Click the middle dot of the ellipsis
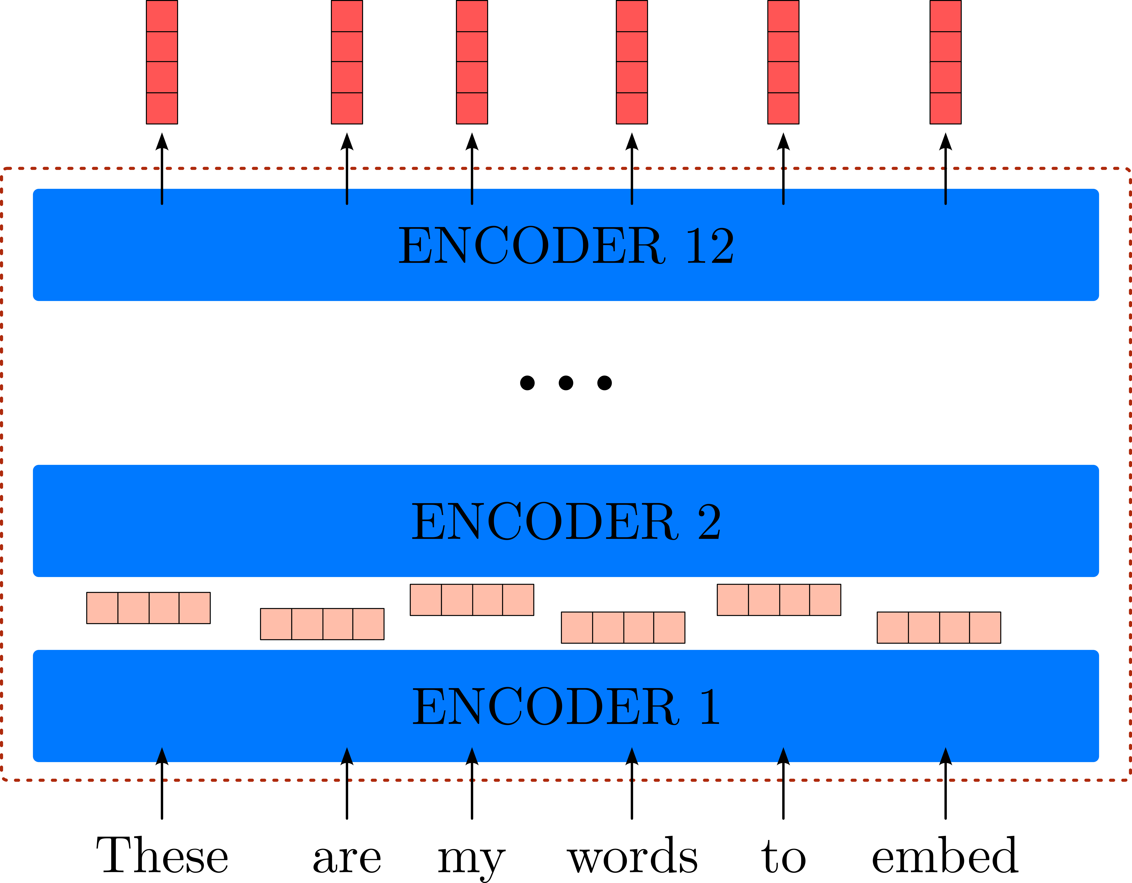click(x=566, y=383)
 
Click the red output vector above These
click(x=162, y=62)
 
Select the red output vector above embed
click(x=945, y=62)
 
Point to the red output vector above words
click(x=632, y=62)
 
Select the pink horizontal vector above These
click(x=148, y=608)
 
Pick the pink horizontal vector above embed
click(x=939, y=628)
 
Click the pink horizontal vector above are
click(x=322, y=624)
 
